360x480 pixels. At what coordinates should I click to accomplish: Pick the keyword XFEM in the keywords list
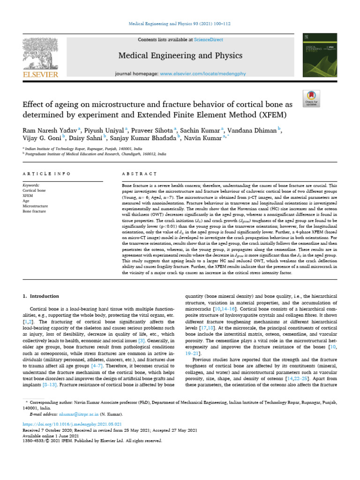29,195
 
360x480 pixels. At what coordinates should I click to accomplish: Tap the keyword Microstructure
36,206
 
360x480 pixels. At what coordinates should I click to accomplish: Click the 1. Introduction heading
41,296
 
